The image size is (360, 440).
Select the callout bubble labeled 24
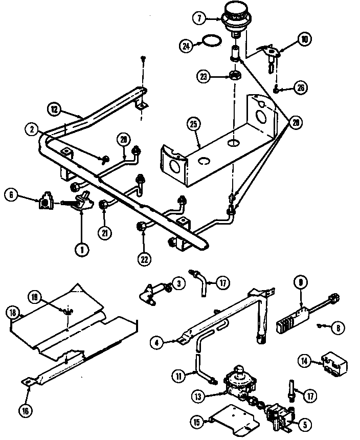tap(186, 46)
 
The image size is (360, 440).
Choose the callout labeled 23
tap(204, 77)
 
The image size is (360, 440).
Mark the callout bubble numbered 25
tap(194, 124)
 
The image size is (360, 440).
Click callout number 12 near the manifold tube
tap(54, 108)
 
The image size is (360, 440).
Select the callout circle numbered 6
tap(11, 194)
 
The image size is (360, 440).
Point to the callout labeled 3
tap(178, 283)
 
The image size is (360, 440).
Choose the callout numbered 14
tap(304, 362)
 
